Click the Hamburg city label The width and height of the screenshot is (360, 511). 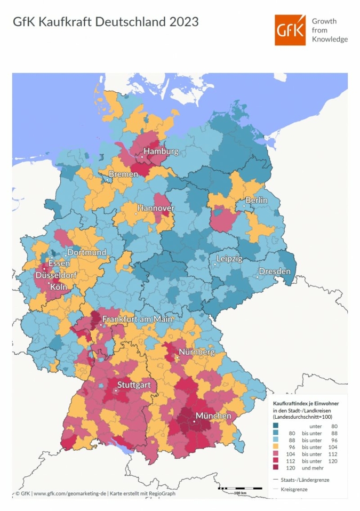pyautogui.click(x=161, y=152)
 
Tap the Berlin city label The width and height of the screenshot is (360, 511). pyautogui.click(x=256, y=200)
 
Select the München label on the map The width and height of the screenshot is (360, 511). pyautogui.click(x=213, y=416)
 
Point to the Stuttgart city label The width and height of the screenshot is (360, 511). pyautogui.click(x=134, y=385)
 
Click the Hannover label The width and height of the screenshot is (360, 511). pyautogui.click(x=156, y=207)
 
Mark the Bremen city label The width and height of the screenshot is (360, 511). pyautogui.click(x=123, y=174)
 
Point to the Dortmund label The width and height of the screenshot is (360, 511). pyautogui.click(x=86, y=252)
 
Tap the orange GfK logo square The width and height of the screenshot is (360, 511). pyautogui.click(x=291, y=30)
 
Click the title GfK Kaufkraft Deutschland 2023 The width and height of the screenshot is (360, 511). pyautogui.click(x=106, y=22)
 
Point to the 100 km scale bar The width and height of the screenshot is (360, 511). pyautogui.click(x=239, y=488)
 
